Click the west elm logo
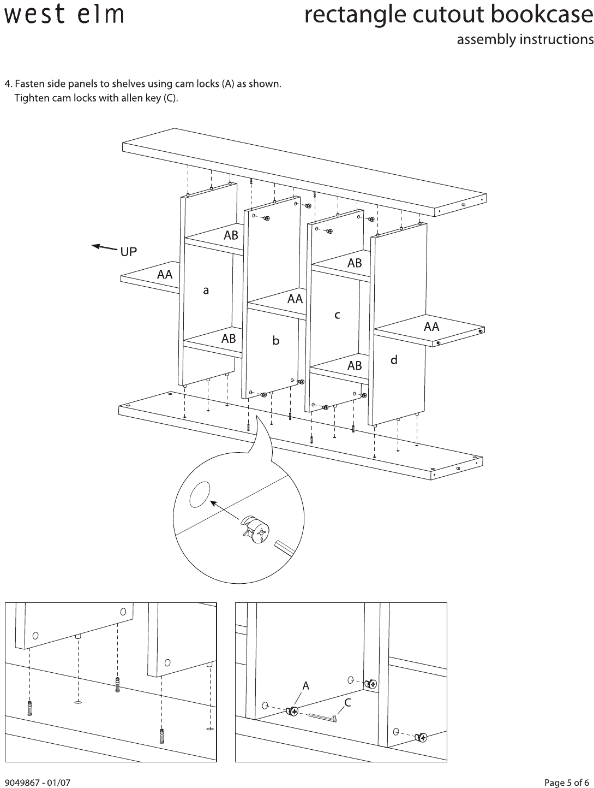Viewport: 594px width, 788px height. pos(64,15)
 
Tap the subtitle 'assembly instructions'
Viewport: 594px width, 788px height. pos(525,39)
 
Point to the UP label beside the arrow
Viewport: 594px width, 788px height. pos(128,252)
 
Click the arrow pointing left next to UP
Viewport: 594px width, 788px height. pos(104,248)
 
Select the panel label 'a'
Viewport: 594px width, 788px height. pos(206,291)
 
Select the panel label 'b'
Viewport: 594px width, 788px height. pos(276,341)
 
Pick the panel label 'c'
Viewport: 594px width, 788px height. pos(337,315)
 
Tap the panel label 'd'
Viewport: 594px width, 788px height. pos(394,360)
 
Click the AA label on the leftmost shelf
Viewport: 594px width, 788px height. pos(165,275)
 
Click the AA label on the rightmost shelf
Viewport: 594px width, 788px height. pos(431,327)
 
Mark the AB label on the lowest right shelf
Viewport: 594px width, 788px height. pos(355,365)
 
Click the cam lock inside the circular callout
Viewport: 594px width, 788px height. pos(254,530)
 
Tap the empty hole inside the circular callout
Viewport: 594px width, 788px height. pos(200,494)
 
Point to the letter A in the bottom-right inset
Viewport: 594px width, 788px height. pos(305,685)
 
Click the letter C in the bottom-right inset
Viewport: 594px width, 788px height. pos(347,703)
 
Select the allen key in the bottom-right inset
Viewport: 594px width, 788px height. pos(322,718)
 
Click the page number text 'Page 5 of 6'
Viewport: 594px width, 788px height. pos(567,783)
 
